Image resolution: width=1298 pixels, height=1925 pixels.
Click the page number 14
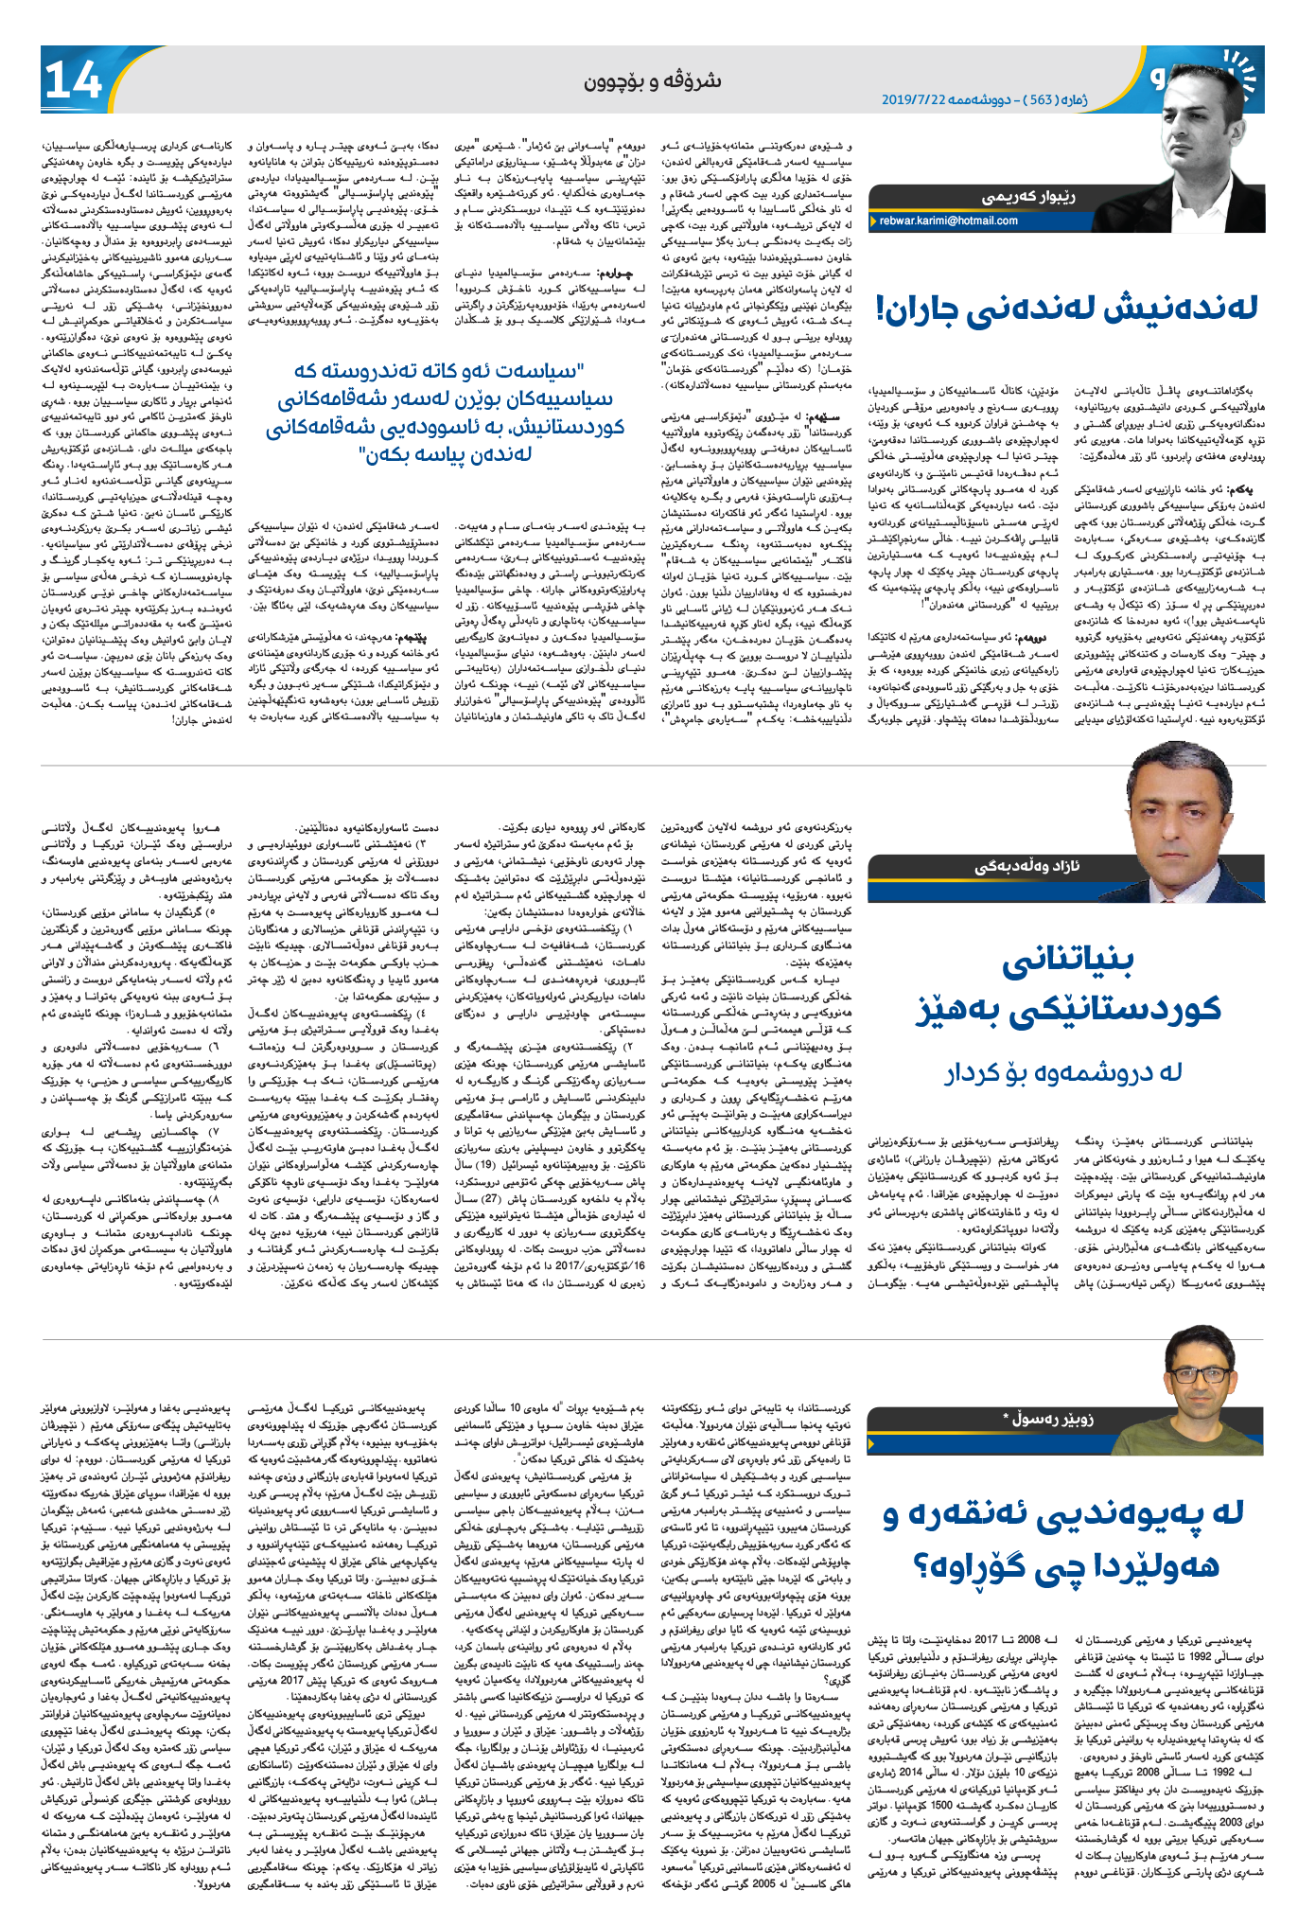pos(73,81)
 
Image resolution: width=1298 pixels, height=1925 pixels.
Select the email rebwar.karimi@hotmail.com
pos(948,221)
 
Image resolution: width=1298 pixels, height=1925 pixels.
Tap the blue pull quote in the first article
pos(446,411)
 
